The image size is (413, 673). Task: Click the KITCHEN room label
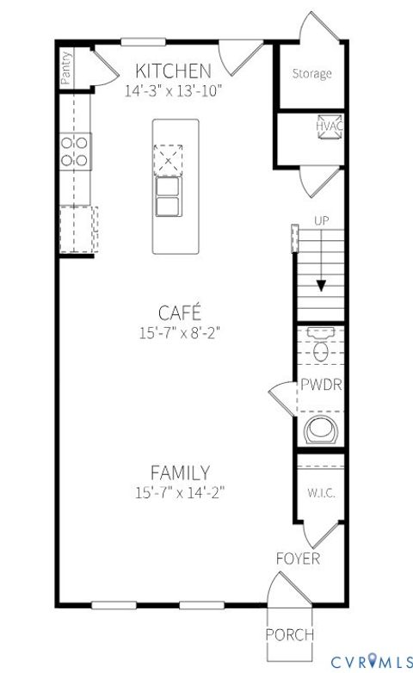[174, 71]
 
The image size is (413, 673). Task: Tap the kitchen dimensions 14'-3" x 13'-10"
[174, 89]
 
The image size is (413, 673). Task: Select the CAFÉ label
[179, 312]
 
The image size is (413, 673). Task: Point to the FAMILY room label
[179, 472]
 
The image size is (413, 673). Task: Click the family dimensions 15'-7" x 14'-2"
[179, 493]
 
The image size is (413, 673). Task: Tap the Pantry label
[66, 68]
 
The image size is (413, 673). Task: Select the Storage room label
[311, 74]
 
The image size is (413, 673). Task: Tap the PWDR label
[321, 385]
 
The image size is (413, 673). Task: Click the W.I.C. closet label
[321, 494]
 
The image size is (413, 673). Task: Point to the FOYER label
[298, 559]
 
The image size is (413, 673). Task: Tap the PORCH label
[289, 635]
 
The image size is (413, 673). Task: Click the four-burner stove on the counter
[75, 151]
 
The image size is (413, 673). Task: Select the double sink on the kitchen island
[167, 196]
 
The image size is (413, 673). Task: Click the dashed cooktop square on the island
[168, 159]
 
